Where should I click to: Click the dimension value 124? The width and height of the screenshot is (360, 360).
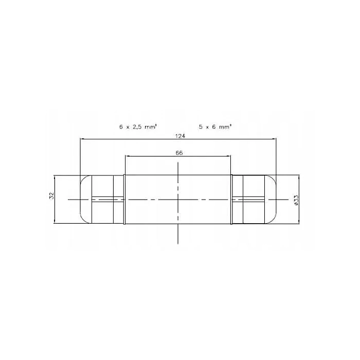coord(180,136)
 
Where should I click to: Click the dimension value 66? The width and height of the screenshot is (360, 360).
coord(179,153)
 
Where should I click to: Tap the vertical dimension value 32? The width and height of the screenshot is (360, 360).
coord(51,195)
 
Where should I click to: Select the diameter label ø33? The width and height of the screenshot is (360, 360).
coord(296,200)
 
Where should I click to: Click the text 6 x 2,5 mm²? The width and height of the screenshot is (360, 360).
coord(138,127)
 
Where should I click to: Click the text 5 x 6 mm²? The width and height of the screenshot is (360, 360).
coord(215,127)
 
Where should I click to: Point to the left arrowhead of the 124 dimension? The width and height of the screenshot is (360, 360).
coord(82,139)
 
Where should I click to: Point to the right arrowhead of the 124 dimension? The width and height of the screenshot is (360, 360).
coord(274,139)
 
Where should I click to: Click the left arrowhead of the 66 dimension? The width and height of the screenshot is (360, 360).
coord(127,156)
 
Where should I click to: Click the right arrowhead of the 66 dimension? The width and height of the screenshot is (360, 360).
coord(228,156)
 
